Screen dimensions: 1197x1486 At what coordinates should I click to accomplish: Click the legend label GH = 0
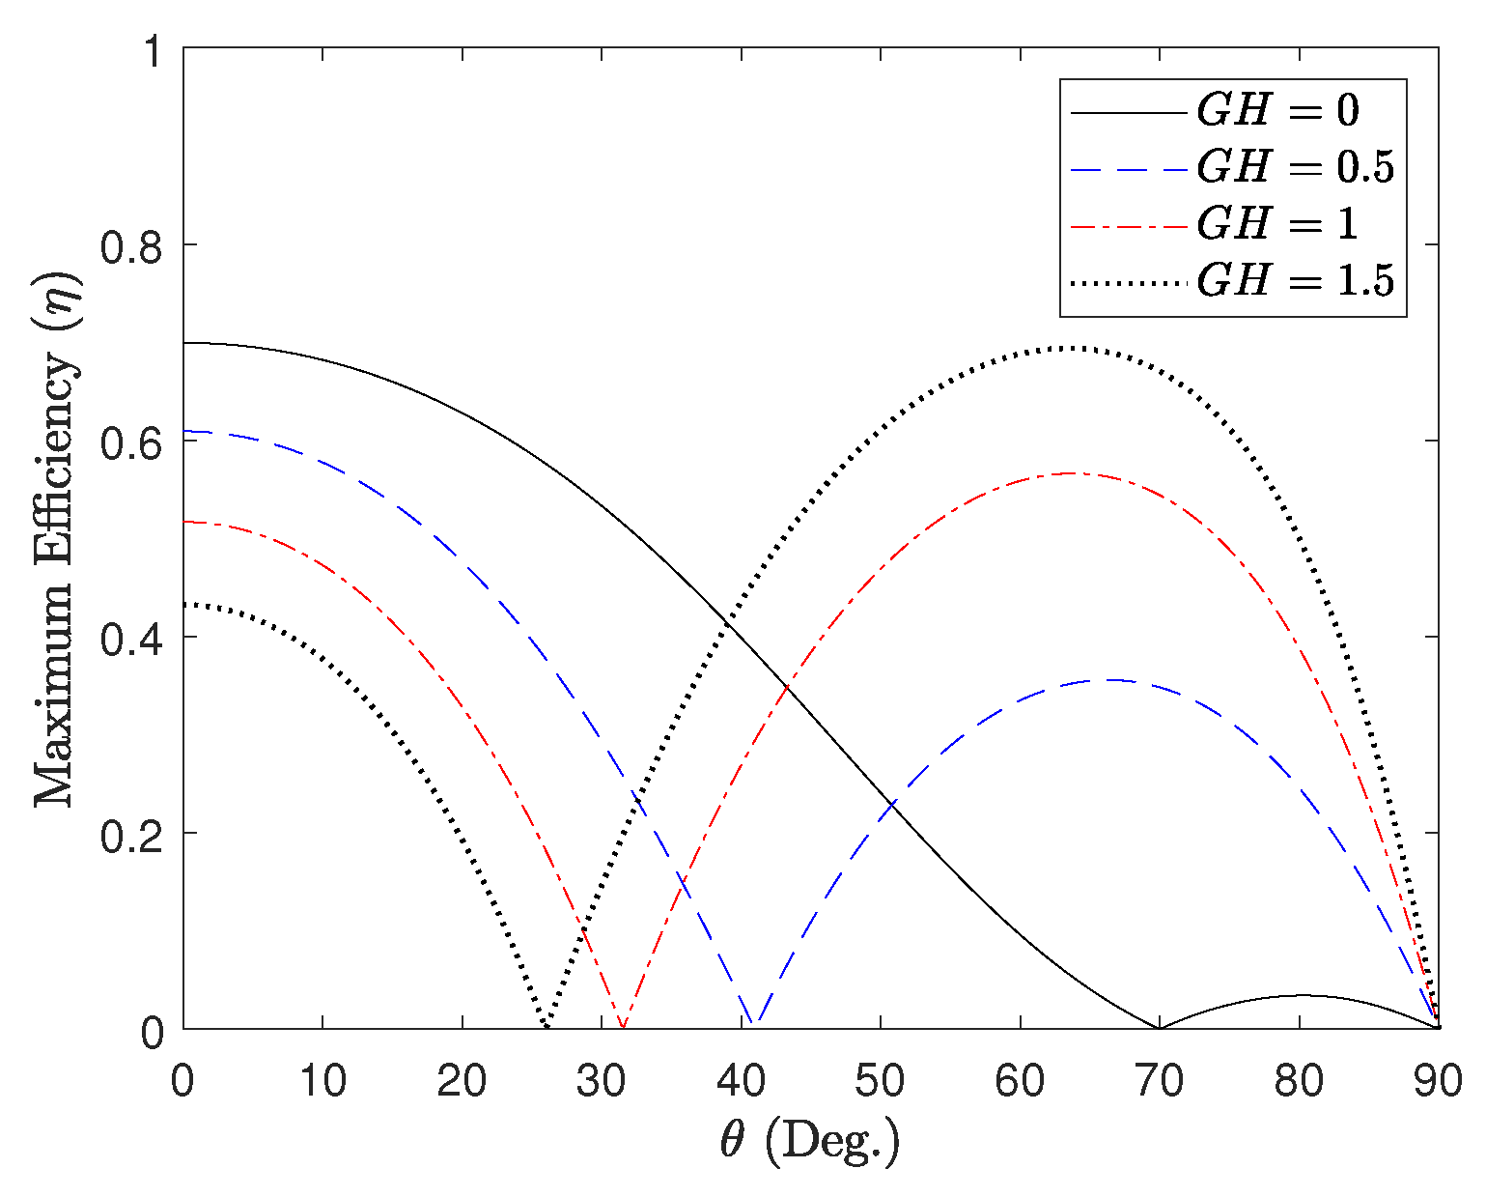(1277, 110)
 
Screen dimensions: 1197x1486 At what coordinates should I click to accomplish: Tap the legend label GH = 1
(1277, 224)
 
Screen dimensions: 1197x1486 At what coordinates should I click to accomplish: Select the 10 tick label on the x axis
(322, 1081)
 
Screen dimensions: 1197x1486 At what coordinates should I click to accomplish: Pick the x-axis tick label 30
(602, 1081)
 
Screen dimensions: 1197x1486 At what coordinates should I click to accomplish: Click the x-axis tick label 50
(881, 1081)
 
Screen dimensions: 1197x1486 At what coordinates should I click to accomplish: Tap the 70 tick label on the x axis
(1160, 1081)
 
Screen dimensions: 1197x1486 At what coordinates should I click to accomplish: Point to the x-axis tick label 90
(1438, 1081)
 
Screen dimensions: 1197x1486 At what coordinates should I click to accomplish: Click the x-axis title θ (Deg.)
(809, 1143)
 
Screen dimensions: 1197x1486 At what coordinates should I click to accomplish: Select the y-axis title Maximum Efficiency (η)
(55, 539)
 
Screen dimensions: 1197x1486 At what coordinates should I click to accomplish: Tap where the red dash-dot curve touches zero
(623, 1027)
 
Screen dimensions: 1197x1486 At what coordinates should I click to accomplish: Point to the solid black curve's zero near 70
(1159, 1028)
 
